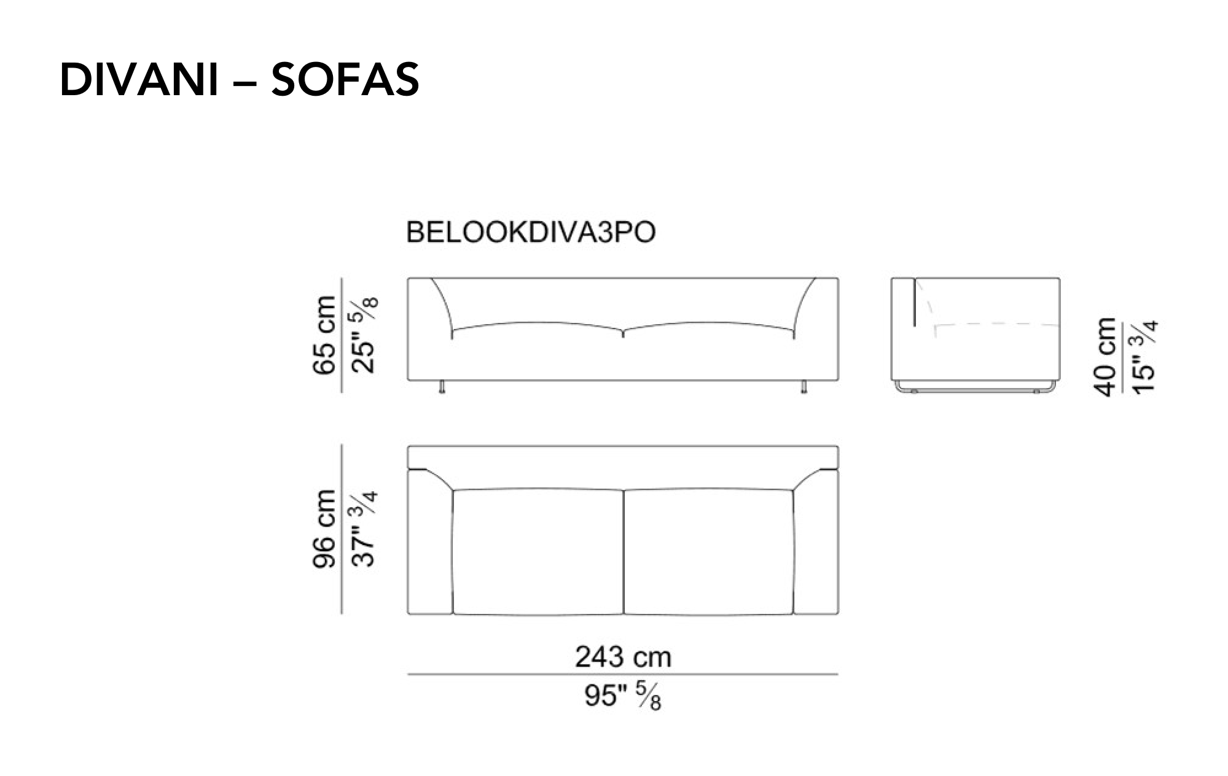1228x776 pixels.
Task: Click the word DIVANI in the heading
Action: (139, 79)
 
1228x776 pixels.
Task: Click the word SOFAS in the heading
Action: (345, 79)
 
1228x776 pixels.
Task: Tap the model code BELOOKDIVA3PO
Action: (531, 232)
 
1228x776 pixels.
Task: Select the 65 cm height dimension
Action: (324, 335)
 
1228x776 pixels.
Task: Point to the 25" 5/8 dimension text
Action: (365, 335)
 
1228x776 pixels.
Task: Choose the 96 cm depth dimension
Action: (324, 529)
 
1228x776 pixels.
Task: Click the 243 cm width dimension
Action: (623, 657)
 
